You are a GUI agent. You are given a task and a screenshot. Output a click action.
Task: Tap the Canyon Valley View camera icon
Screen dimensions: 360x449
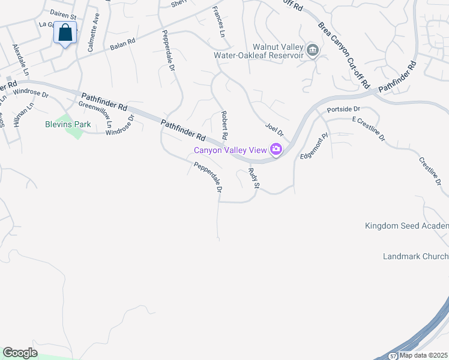click(276, 149)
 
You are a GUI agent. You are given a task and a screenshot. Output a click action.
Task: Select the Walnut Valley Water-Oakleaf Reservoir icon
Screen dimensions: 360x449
click(312, 50)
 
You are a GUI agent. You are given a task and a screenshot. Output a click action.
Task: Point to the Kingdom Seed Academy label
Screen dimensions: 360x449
click(407, 226)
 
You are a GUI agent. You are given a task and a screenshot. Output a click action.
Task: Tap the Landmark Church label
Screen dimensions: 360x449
click(415, 257)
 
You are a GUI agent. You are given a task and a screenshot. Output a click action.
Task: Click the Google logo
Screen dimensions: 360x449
click(20, 353)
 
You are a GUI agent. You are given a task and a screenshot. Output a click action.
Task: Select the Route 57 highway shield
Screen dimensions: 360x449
click(392, 355)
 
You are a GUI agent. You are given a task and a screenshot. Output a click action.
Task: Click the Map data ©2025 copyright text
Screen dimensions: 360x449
click(424, 355)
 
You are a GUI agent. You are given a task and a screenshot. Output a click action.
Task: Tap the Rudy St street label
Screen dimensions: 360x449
click(253, 179)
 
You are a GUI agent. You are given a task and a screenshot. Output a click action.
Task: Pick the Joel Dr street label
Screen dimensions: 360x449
click(274, 128)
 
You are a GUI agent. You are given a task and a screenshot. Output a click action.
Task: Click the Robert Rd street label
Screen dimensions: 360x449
click(224, 125)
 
